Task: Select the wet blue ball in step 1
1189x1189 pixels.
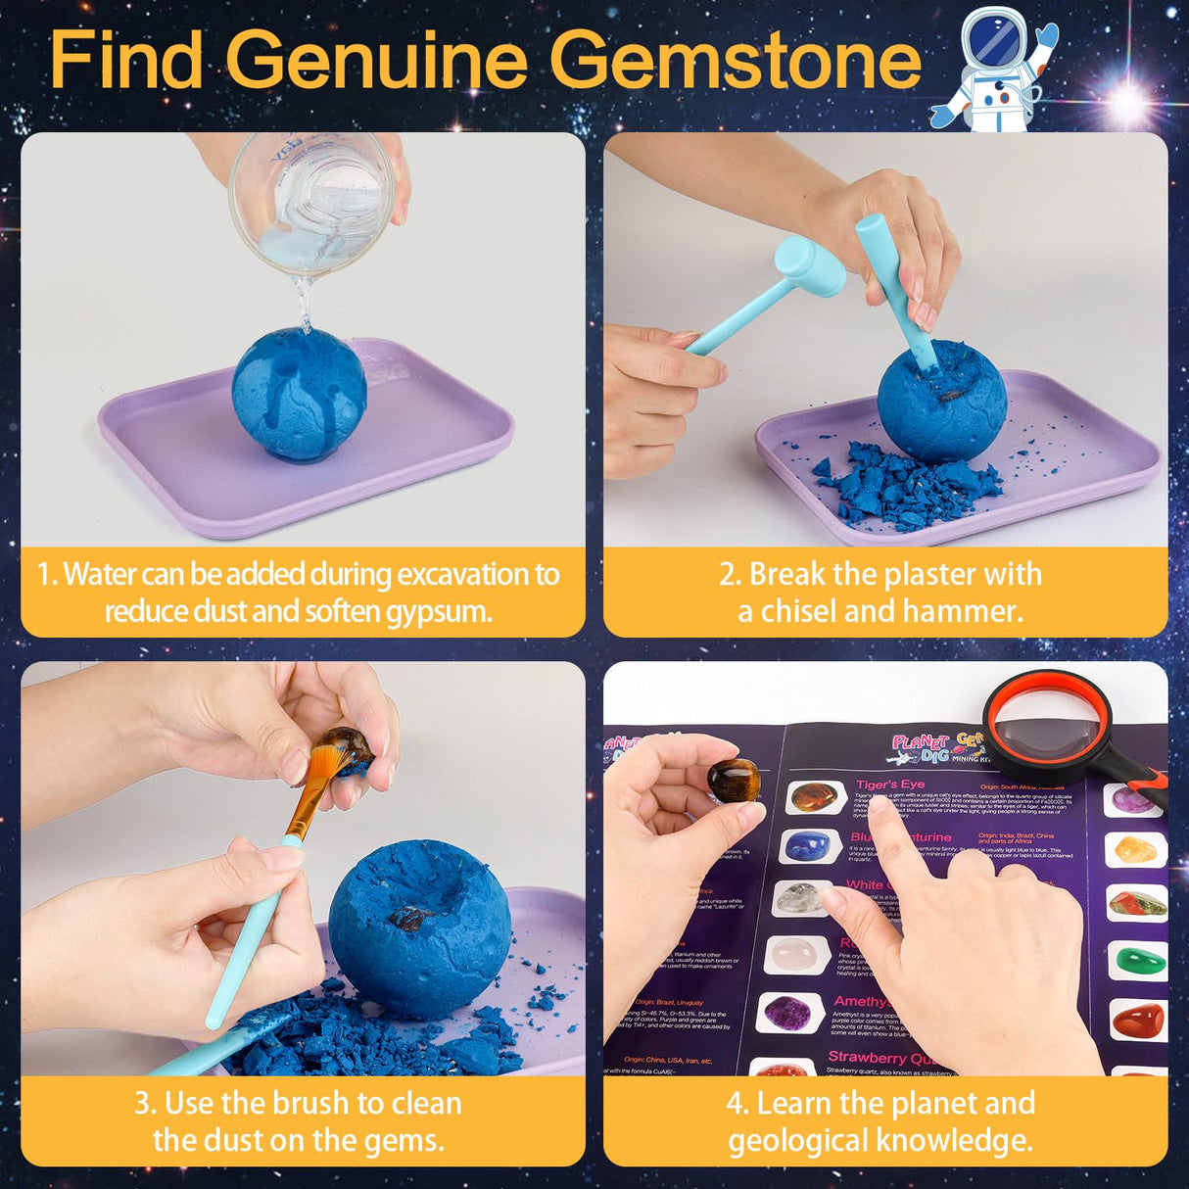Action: [299, 394]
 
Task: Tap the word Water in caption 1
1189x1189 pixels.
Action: [99, 574]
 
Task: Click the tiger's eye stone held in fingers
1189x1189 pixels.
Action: [735, 781]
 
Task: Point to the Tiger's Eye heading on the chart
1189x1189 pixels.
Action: [890, 785]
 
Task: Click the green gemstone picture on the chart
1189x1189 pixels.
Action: [1136, 959]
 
